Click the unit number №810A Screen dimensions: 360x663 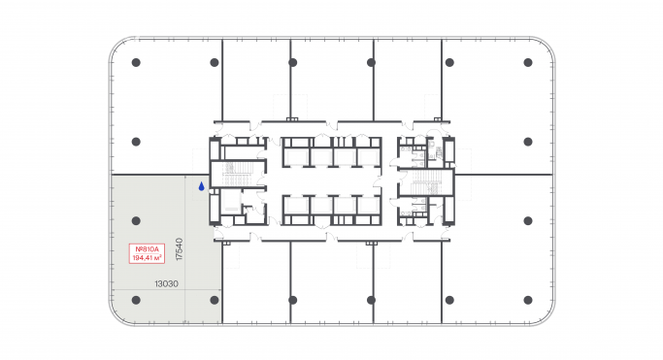pos(147,250)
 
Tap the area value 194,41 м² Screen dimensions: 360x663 pos(147,259)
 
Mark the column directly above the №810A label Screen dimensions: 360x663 pos(136,220)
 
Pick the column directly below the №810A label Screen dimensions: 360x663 pos(136,300)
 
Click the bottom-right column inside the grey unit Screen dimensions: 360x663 pos(215,300)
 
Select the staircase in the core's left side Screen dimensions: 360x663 pos(235,175)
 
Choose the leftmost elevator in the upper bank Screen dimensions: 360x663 pos(295,156)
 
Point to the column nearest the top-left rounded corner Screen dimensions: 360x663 pos(136,62)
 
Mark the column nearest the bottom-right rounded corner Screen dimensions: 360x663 pos(528,300)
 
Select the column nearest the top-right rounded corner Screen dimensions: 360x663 pos(528,62)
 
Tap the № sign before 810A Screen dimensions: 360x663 pos(136,250)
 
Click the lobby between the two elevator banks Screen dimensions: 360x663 pos(330,181)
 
